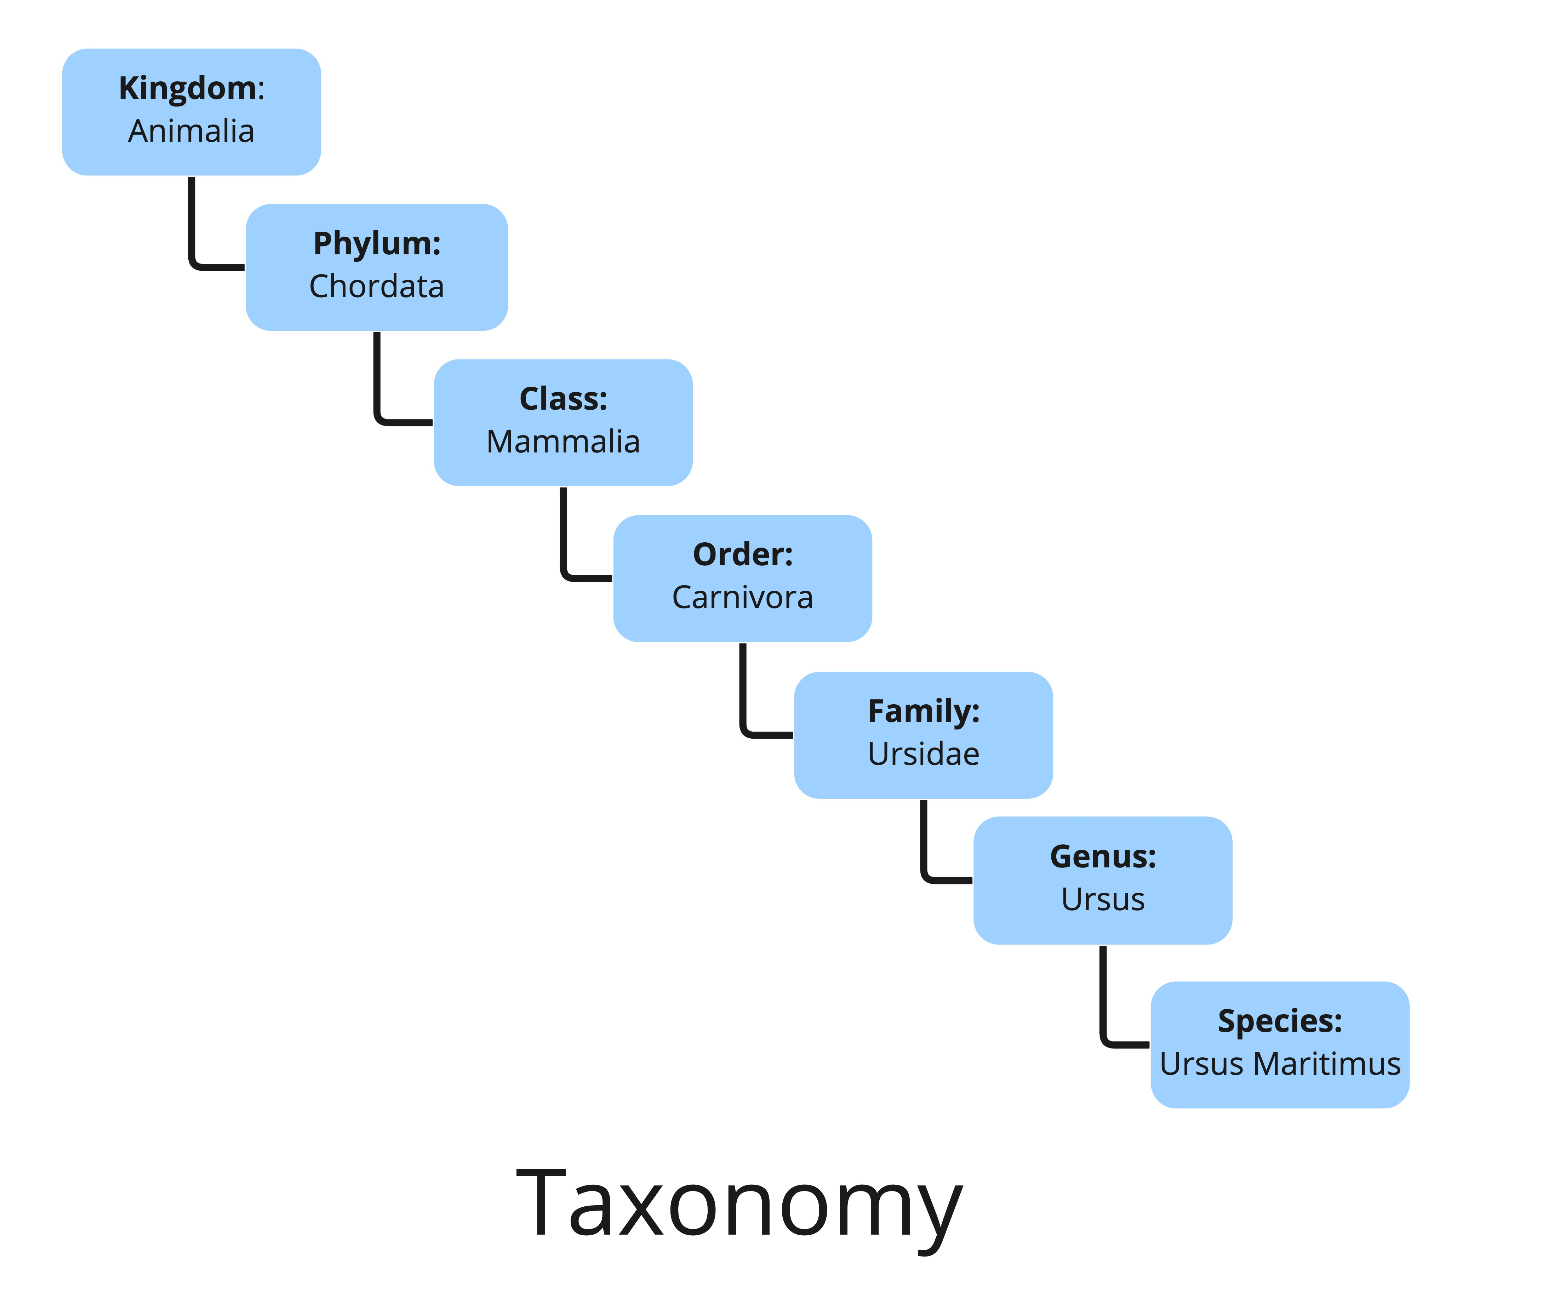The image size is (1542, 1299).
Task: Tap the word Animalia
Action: click(191, 131)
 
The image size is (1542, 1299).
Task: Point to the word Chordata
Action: click(377, 287)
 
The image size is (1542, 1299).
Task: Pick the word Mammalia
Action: click(563, 442)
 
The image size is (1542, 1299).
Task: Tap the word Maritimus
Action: click(1326, 1064)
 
